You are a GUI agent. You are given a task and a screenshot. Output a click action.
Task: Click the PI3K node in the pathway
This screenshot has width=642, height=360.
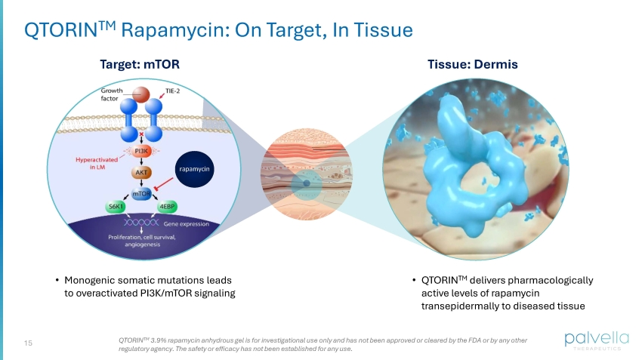(x=141, y=152)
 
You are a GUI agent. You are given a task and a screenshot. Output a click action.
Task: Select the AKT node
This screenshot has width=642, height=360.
(x=141, y=173)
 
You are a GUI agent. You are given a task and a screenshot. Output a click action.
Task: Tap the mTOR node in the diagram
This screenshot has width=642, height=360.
(x=141, y=194)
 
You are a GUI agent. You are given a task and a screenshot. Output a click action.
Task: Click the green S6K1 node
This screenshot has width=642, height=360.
(x=116, y=207)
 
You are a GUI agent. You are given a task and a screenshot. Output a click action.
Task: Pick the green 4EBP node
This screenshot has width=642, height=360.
(x=167, y=207)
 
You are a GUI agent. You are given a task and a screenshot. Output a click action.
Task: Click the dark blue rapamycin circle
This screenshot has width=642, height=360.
(x=194, y=169)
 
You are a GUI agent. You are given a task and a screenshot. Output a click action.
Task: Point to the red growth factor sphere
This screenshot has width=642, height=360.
(x=140, y=94)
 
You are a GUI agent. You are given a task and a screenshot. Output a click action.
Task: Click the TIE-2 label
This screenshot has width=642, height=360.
(x=172, y=91)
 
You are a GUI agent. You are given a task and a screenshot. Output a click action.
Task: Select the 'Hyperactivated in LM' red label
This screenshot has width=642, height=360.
(x=97, y=163)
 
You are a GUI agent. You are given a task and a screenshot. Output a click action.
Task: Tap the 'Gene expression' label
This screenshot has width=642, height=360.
(x=187, y=223)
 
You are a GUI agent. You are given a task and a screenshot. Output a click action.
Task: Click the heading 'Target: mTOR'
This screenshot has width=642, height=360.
(x=140, y=64)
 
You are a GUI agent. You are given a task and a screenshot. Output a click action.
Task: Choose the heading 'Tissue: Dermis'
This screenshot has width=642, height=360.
(x=473, y=64)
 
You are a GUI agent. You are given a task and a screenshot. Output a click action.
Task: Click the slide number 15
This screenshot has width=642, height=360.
(x=28, y=343)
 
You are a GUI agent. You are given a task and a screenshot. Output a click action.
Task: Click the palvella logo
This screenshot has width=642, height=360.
(x=597, y=340)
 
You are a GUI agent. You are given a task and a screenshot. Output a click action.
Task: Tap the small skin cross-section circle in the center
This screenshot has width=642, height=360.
(x=306, y=174)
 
